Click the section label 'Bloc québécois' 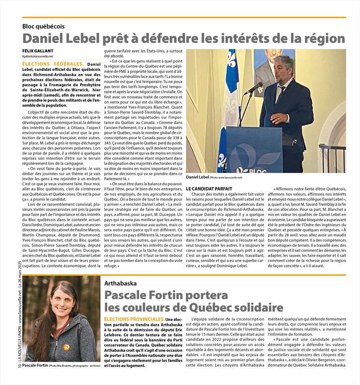click(x=43, y=26)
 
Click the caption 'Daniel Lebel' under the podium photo click(x=198, y=177)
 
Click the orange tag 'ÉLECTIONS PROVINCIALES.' click(x=134, y=319)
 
